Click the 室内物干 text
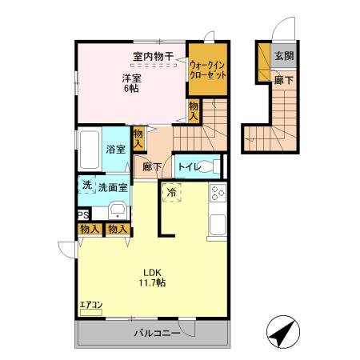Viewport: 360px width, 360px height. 149,57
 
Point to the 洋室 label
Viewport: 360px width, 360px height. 131,78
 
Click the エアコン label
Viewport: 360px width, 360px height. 90,305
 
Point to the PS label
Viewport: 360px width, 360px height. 82,214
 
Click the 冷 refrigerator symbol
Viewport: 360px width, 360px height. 172,192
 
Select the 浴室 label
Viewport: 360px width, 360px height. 115,149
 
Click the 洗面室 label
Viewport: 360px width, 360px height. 114,187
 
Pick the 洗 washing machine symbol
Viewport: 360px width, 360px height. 86,186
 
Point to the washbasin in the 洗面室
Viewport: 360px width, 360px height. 117,210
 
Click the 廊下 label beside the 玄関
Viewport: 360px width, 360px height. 282,80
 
